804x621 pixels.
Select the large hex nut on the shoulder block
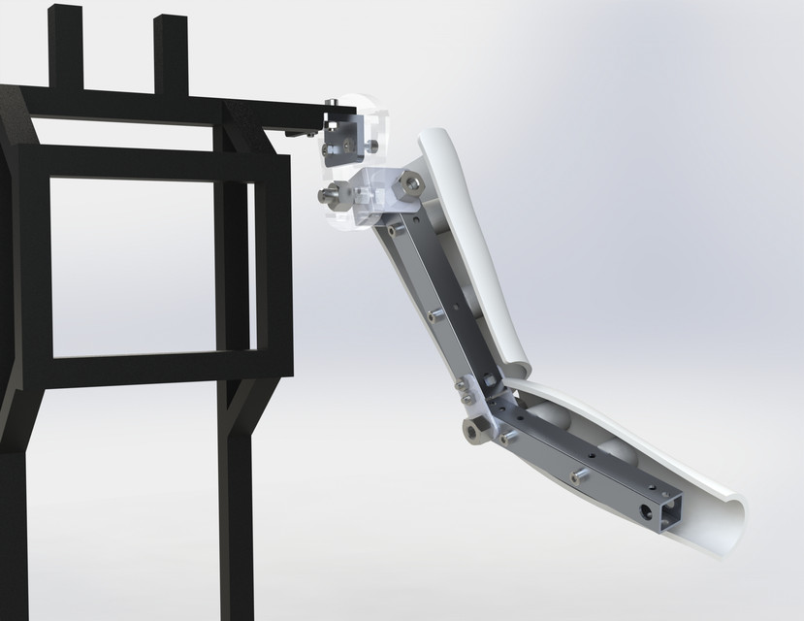pyautogui.click(x=410, y=182)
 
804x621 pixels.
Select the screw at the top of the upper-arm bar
pyautogui.click(x=397, y=231)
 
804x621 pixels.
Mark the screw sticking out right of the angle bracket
pyautogui.click(x=370, y=147)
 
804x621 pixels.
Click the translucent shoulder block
pyautogui.click(x=373, y=194)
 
